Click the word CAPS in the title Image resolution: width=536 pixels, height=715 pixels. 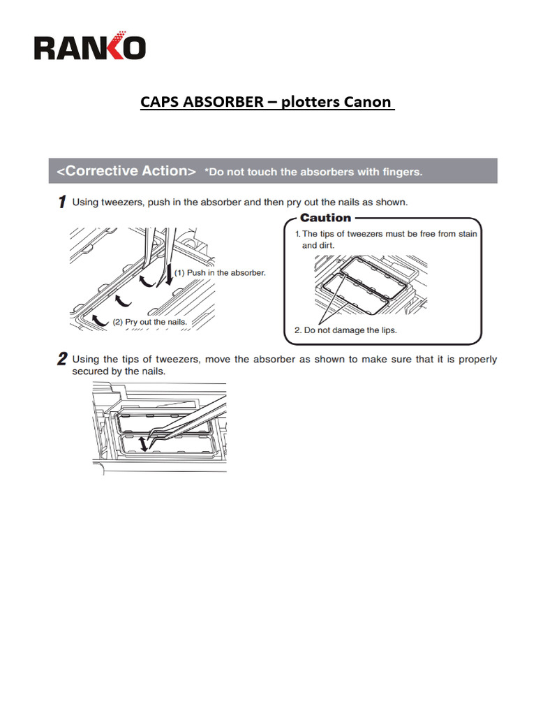[x=160, y=102]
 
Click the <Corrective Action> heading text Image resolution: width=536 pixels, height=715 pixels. [x=126, y=171]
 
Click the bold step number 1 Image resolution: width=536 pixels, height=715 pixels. [x=62, y=202]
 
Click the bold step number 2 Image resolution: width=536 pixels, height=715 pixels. [x=62, y=360]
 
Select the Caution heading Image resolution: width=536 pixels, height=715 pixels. [x=325, y=218]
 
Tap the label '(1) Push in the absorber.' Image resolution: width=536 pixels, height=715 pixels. [x=220, y=272]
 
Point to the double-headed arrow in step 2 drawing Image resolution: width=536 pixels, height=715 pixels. [x=144, y=443]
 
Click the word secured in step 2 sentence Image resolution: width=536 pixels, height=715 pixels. [x=90, y=371]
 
